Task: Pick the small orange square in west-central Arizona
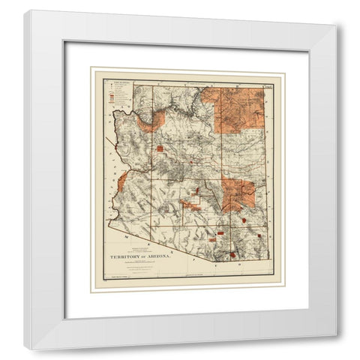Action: pos(160,148)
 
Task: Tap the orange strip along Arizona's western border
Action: pos(122,180)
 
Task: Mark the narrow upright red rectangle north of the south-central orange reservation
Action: pos(198,191)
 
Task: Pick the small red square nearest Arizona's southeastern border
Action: pos(259,236)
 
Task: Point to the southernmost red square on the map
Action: pos(232,255)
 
